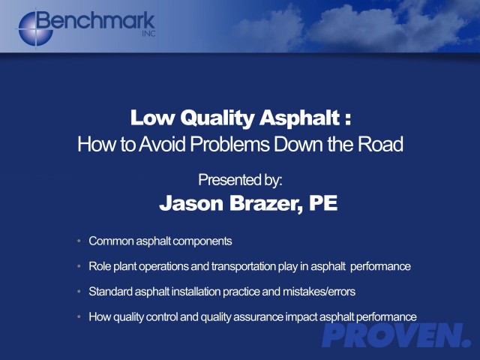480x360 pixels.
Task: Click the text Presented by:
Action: (x=240, y=180)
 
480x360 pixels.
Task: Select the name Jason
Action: (x=192, y=203)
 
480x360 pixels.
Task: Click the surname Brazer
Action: (x=265, y=203)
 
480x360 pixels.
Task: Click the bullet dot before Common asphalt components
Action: (x=79, y=241)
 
